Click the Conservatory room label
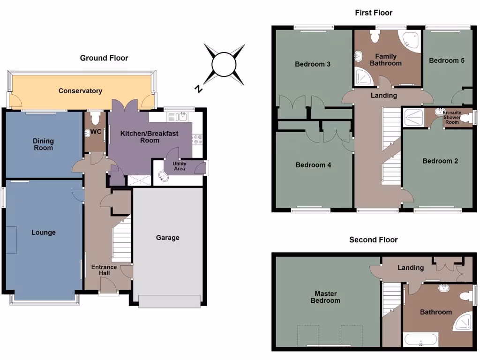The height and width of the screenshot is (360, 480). pos(80,91)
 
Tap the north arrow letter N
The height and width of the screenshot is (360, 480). pos(199,89)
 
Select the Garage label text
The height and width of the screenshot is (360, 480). pos(167,238)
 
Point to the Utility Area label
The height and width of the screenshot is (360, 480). pos(180,166)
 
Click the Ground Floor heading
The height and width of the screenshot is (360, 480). pos(104,58)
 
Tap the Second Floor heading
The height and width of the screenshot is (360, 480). pos(373,240)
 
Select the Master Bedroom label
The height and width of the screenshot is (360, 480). pos(325,297)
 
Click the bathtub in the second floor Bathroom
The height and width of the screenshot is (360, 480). pos(420,340)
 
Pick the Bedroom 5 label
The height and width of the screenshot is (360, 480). pos(447,60)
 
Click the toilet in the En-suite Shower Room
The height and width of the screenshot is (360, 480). pos(466,118)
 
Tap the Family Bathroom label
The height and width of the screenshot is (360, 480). pos(386,60)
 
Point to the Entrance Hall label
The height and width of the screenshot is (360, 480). pos(104,270)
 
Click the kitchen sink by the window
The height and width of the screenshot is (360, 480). pos(182,117)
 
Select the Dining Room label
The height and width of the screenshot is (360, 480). pos(43,144)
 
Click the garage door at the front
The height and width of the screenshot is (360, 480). pos(170,301)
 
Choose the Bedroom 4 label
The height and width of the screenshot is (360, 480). pos(313,165)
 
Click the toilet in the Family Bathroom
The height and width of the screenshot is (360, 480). pos(375,36)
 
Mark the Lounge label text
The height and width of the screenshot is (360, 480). pos(44,232)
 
